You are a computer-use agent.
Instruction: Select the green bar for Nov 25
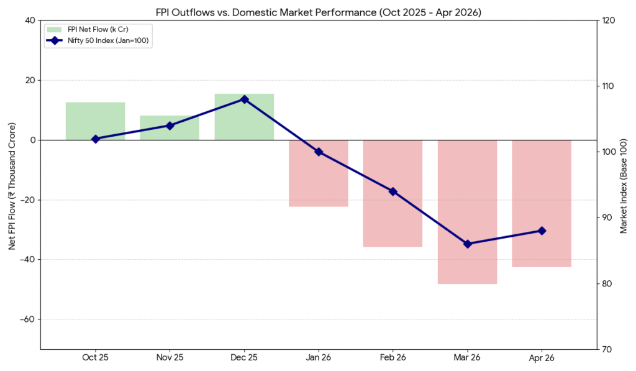tap(170, 127)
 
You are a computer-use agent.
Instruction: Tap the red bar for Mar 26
tap(467, 212)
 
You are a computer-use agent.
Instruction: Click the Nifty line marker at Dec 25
tap(244, 99)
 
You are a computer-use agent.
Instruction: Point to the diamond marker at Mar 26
tap(467, 244)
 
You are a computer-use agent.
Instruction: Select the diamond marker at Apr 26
tap(542, 231)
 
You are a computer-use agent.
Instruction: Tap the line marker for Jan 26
tap(319, 152)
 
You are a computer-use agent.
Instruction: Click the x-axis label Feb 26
tap(393, 358)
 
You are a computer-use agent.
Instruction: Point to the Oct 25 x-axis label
tap(95, 358)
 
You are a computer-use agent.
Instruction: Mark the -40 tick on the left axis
tap(28, 260)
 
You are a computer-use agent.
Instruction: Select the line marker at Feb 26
tap(393, 191)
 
